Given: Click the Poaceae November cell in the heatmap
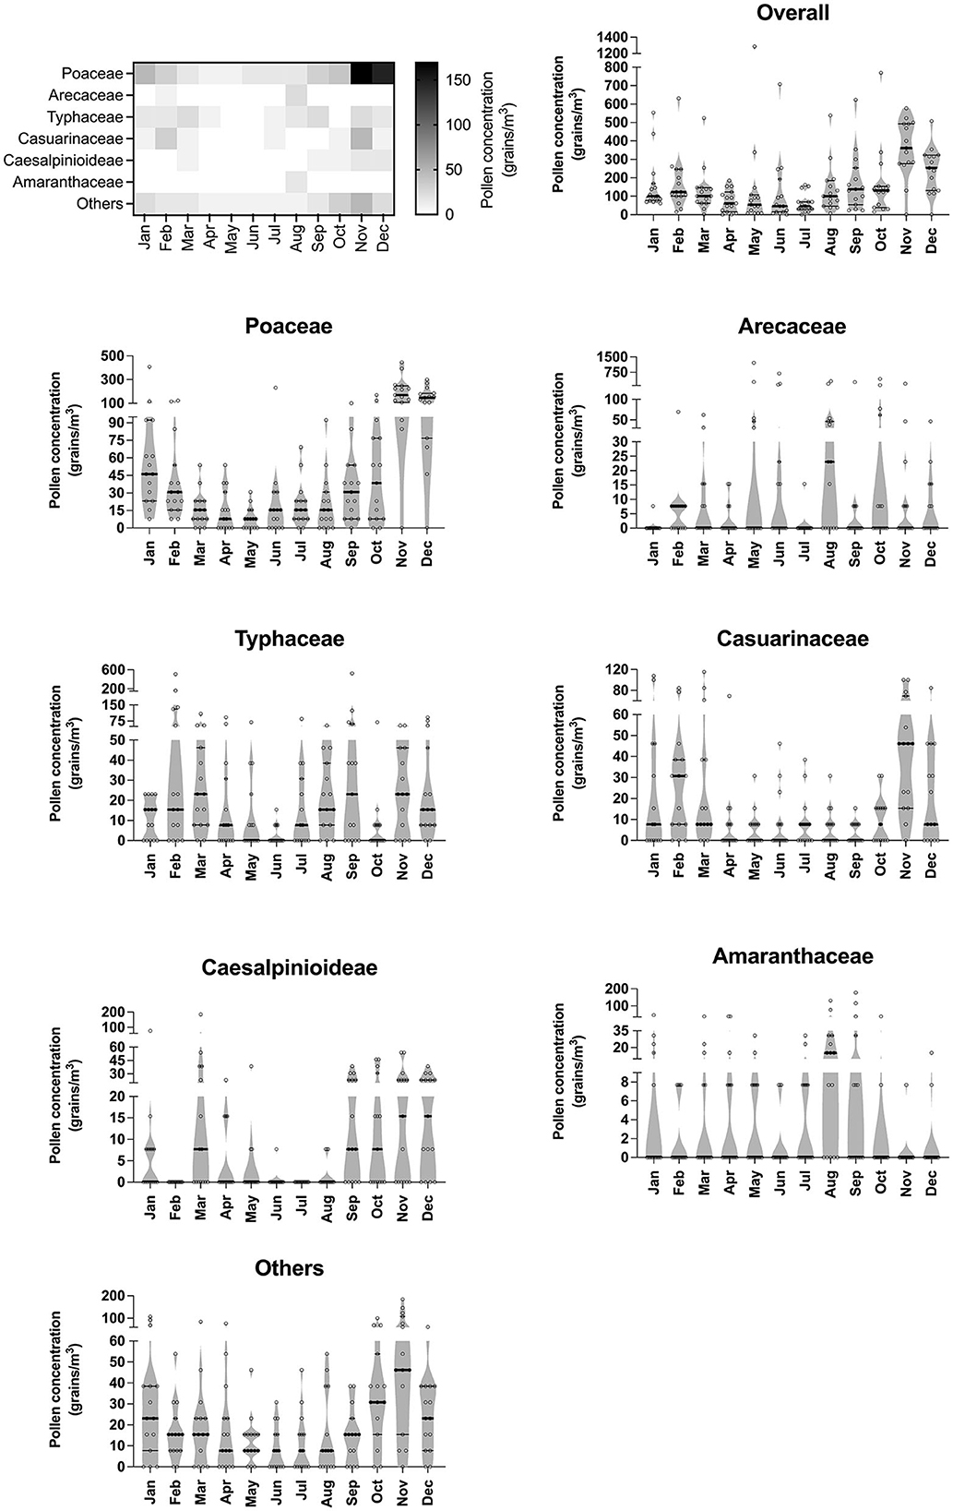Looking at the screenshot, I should (361, 73).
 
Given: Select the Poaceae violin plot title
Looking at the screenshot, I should (288, 327).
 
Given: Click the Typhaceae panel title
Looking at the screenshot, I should (288, 639).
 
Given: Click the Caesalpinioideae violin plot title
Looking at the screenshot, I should (288, 967).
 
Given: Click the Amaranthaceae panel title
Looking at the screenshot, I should (792, 955).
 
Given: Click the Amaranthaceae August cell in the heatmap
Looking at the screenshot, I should (295, 181).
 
